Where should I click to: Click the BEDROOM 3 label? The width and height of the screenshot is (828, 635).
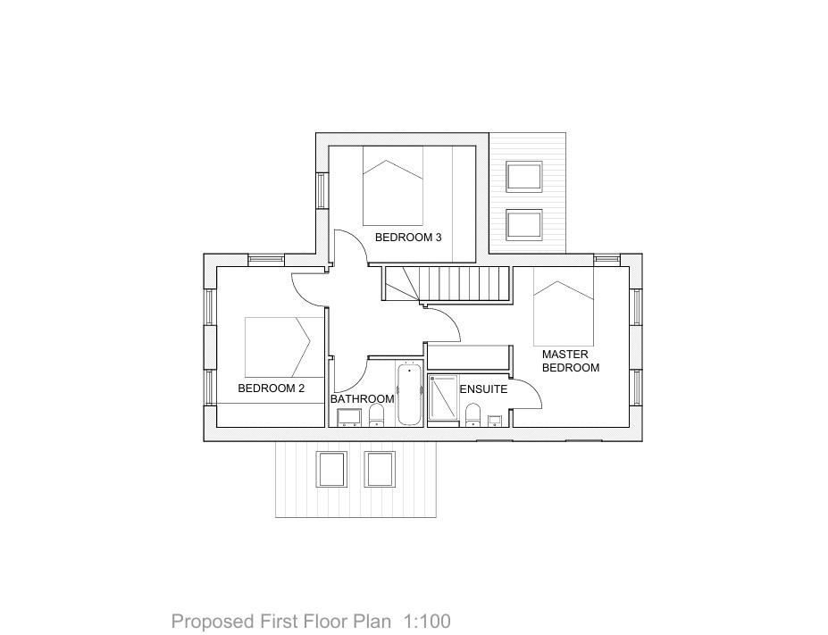click(x=408, y=238)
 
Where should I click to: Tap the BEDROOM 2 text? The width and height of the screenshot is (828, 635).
click(x=272, y=389)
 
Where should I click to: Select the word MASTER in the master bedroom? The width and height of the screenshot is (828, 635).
click(x=565, y=355)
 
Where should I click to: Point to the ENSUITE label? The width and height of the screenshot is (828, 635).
click(x=483, y=389)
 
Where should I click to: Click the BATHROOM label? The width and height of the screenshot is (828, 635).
click(x=362, y=399)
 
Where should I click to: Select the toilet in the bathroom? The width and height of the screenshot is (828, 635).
click(x=376, y=414)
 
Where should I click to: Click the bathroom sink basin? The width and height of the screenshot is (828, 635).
click(x=348, y=416)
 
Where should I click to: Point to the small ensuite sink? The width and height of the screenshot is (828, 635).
click(x=494, y=420)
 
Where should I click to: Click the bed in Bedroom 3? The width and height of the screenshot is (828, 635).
click(x=393, y=186)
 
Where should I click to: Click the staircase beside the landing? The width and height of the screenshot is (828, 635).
click(x=447, y=284)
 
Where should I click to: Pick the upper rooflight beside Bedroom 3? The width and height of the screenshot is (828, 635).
click(x=524, y=177)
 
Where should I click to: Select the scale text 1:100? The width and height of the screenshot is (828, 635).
click(x=428, y=621)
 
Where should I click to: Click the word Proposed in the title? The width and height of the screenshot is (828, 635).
click(x=200, y=621)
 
